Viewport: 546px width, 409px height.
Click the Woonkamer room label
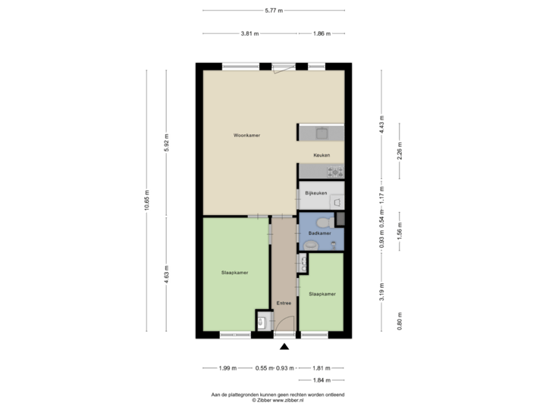point(247,136)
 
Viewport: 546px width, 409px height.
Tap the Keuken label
point(322,155)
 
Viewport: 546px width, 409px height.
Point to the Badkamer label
point(319,234)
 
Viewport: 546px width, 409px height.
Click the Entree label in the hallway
point(284,303)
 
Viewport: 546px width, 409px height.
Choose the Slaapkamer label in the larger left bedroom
point(235,272)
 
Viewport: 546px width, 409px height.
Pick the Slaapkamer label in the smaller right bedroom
point(322,293)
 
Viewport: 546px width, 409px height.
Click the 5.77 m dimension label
point(273,11)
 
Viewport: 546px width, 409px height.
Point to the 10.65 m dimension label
point(146,201)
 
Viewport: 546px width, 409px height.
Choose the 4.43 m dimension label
point(381,124)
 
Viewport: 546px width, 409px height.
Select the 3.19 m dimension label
point(381,292)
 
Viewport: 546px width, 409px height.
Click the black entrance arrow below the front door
point(284,348)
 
